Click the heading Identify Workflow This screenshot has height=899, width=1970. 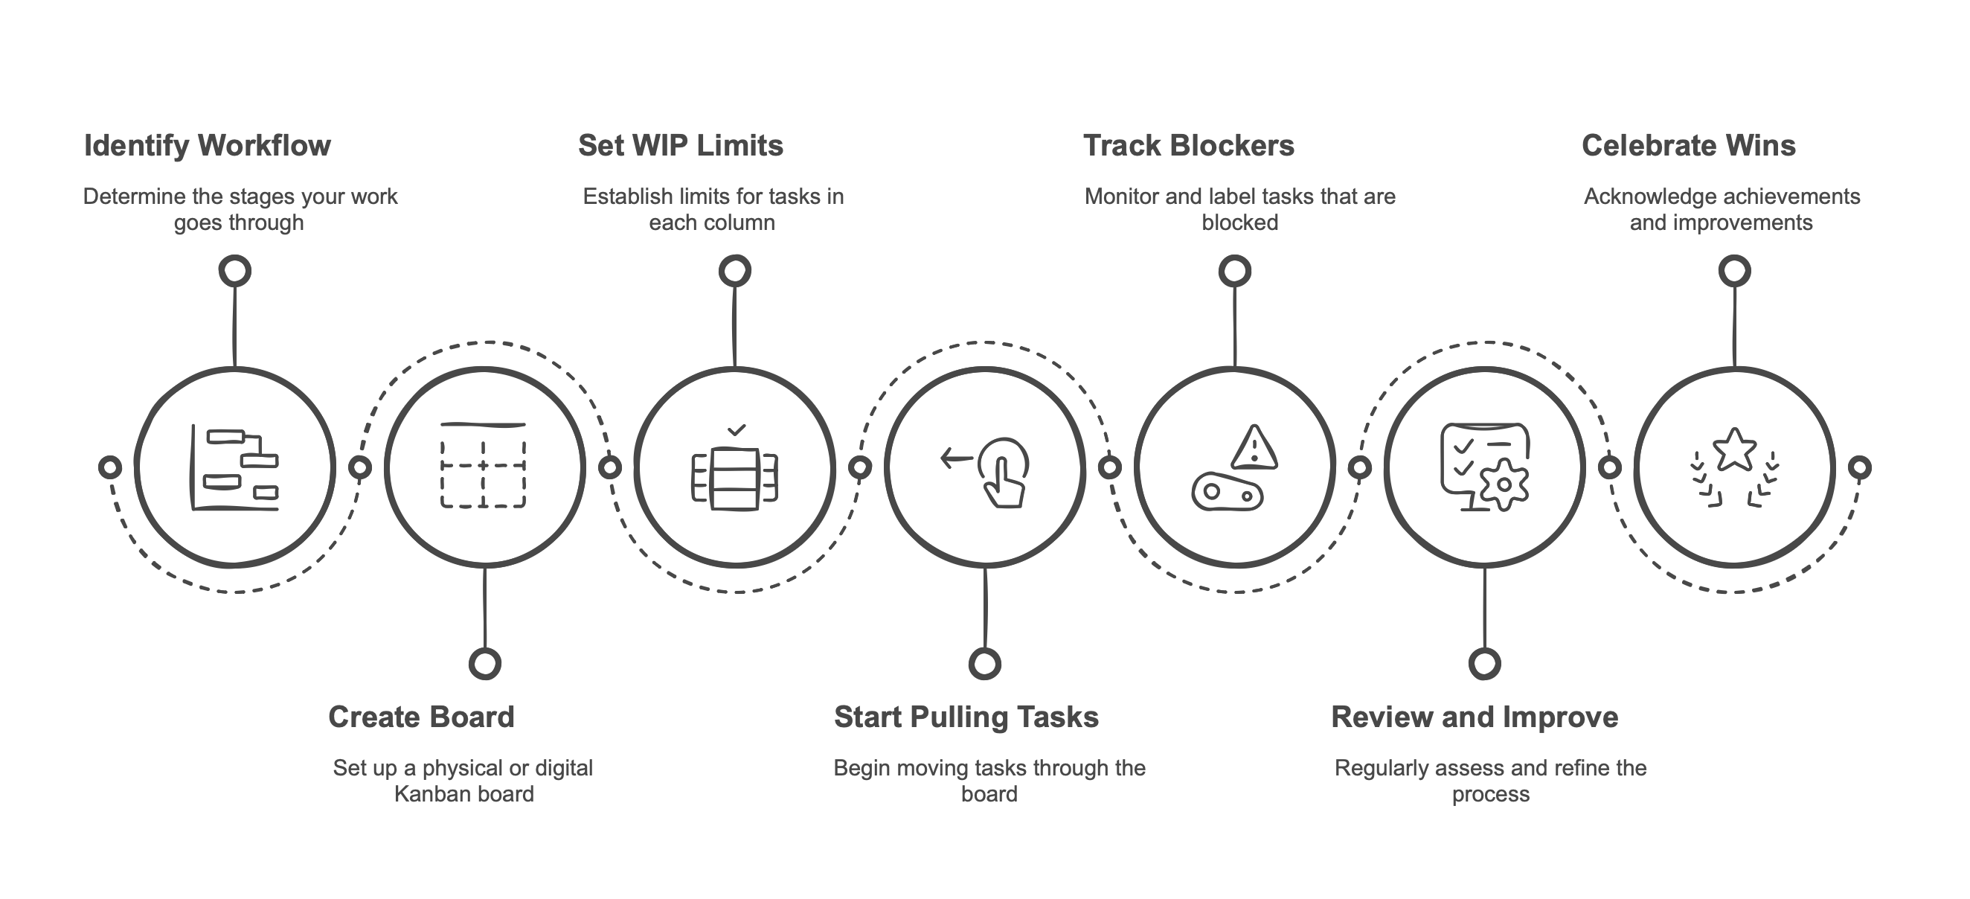pyautogui.click(x=208, y=145)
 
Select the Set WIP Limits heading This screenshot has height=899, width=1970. pyautogui.click(x=681, y=145)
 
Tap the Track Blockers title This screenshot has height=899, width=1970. pyautogui.click(x=1188, y=145)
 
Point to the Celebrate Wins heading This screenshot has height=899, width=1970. pyautogui.click(x=1688, y=145)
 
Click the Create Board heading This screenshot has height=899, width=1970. pyautogui.click(x=421, y=717)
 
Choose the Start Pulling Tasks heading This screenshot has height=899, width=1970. pyautogui.click(x=966, y=717)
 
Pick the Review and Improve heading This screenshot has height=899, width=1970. pyautogui.click(x=1474, y=717)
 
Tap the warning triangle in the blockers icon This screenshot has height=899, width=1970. pyautogui.click(x=1254, y=447)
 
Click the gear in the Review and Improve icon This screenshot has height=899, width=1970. pyautogui.click(x=1504, y=485)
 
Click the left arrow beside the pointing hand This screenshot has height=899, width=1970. pyautogui.click(x=955, y=459)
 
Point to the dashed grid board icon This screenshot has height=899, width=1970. pyautogui.click(x=484, y=465)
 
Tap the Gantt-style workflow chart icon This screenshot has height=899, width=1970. pyautogui.click(x=234, y=467)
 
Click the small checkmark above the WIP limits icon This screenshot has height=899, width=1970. pyautogui.click(x=736, y=431)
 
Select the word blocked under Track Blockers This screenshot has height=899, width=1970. pyautogui.click(x=1239, y=223)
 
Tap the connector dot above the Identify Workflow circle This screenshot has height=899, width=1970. pyautogui.click(x=235, y=271)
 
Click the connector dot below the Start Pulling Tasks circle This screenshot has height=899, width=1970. pyautogui.click(x=985, y=663)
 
